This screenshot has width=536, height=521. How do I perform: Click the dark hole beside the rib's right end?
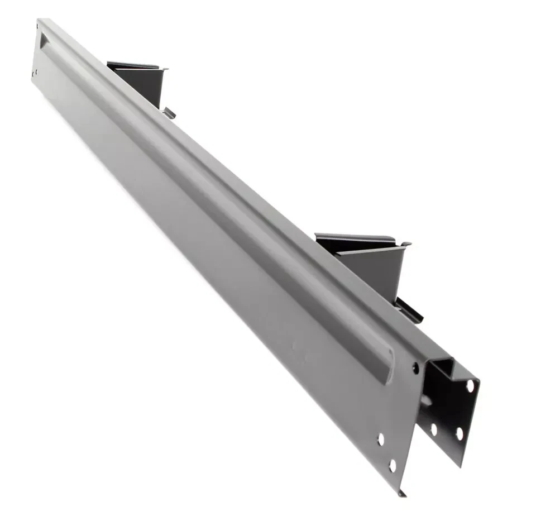[x=415, y=367]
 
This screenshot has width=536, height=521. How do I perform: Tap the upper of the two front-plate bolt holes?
[x=381, y=439]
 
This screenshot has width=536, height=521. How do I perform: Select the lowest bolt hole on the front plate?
[x=393, y=465]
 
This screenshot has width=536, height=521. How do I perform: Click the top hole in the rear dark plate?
[x=470, y=386]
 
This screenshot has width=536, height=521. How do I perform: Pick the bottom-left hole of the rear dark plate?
[x=434, y=429]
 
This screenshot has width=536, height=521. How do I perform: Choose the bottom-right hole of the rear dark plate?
[x=459, y=433]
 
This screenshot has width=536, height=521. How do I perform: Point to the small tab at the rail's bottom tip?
[x=402, y=493]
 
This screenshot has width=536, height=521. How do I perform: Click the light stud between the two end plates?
[x=427, y=400]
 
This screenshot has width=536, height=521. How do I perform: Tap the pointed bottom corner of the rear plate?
[x=461, y=463]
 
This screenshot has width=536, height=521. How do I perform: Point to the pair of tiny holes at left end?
[x=35, y=73]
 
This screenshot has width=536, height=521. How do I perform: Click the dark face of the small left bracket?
[x=146, y=84]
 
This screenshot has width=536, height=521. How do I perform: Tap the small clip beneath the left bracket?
[x=169, y=113]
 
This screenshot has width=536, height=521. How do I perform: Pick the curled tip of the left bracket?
[x=165, y=69]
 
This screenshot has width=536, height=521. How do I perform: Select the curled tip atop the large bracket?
[x=406, y=244]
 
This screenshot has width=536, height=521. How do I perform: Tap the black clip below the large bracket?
[x=409, y=311]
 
